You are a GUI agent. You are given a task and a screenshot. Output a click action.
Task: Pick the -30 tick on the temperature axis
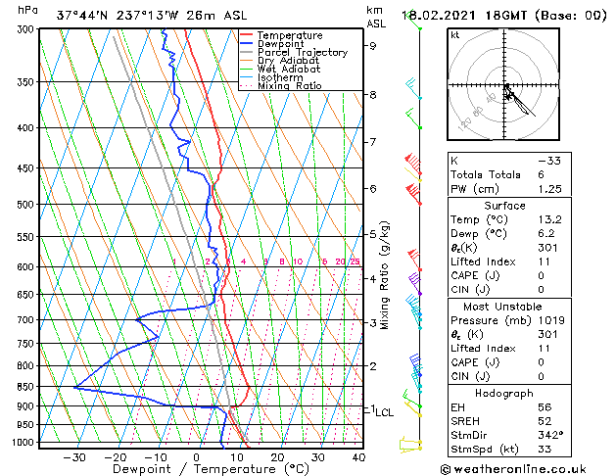pyautogui.click(x=74, y=457)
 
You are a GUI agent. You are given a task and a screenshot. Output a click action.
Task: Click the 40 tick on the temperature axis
pyautogui.click(x=358, y=457)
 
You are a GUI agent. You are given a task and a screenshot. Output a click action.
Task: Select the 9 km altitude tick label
pyautogui.click(x=373, y=45)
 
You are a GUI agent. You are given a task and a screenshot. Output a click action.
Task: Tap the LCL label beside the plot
pyautogui.click(x=384, y=412)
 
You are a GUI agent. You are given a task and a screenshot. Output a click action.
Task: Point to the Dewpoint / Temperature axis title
pyautogui.click(x=197, y=470)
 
